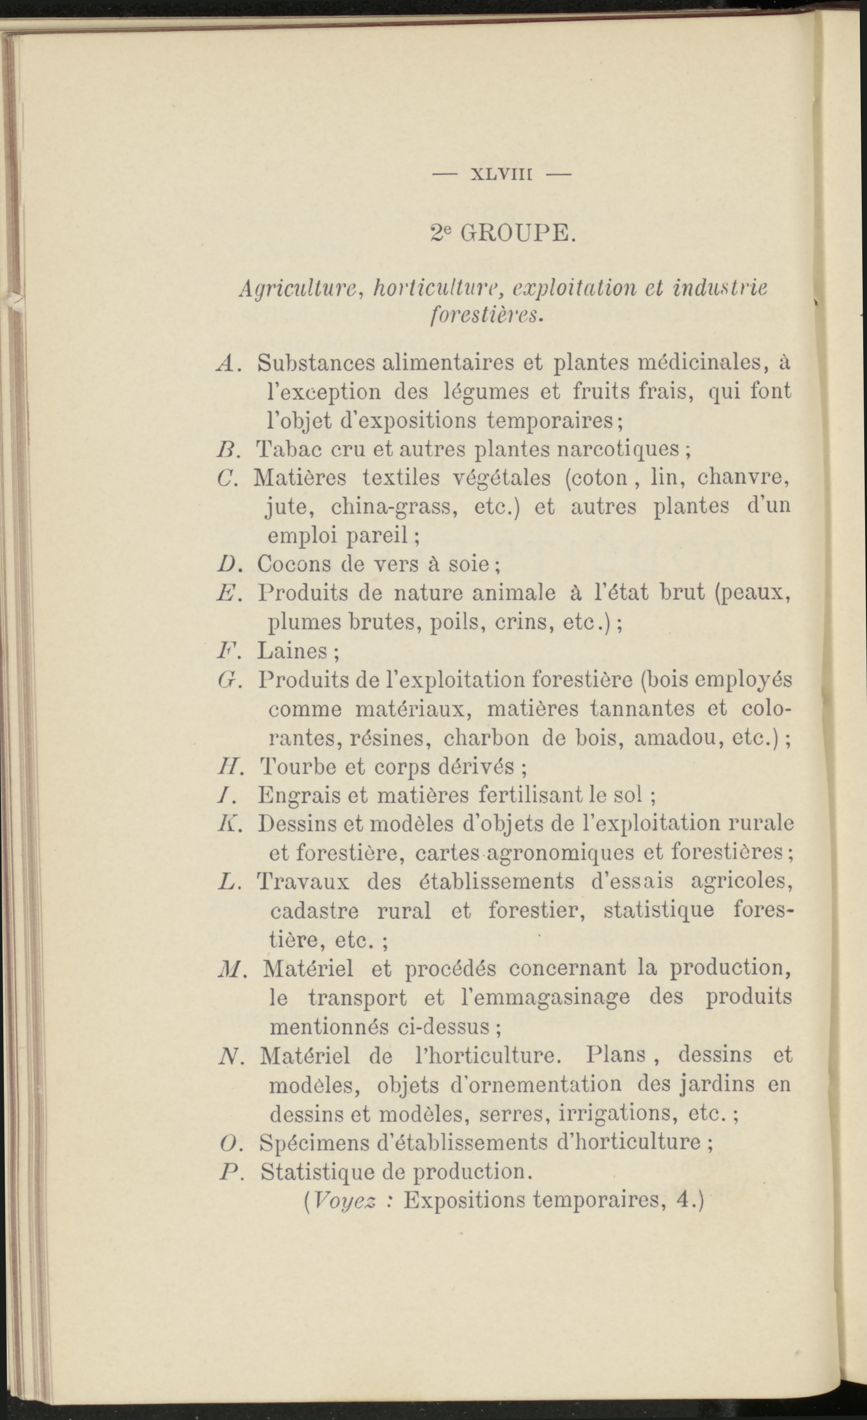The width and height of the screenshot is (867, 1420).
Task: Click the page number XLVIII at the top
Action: (x=501, y=174)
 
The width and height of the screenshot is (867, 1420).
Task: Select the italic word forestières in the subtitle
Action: (x=487, y=316)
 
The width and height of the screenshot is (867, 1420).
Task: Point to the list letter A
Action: (x=225, y=363)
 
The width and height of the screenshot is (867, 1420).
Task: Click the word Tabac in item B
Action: (x=284, y=449)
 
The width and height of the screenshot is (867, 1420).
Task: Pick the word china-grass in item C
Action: (x=394, y=506)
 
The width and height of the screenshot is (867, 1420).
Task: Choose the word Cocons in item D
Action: (x=294, y=564)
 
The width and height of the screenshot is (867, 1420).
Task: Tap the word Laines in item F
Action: (x=293, y=651)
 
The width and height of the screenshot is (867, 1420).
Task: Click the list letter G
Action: (x=225, y=680)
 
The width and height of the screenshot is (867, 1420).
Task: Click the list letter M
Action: (x=229, y=969)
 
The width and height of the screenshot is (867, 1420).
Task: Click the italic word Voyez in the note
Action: (x=345, y=1200)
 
